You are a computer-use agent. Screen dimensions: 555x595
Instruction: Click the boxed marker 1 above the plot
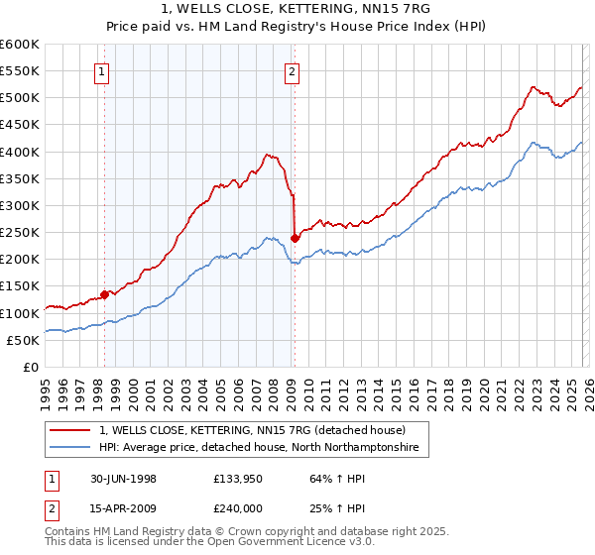point(103,70)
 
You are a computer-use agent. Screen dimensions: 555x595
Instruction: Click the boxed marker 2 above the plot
point(293,70)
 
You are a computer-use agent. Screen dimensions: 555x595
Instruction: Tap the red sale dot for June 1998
point(105,293)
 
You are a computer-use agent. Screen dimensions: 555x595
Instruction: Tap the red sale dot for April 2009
point(295,237)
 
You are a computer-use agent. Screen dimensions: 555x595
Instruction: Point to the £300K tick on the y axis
point(20,205)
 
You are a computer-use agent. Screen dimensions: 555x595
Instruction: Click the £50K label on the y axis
point(23,340)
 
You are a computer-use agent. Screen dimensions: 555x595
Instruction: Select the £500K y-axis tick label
point(20,98)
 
